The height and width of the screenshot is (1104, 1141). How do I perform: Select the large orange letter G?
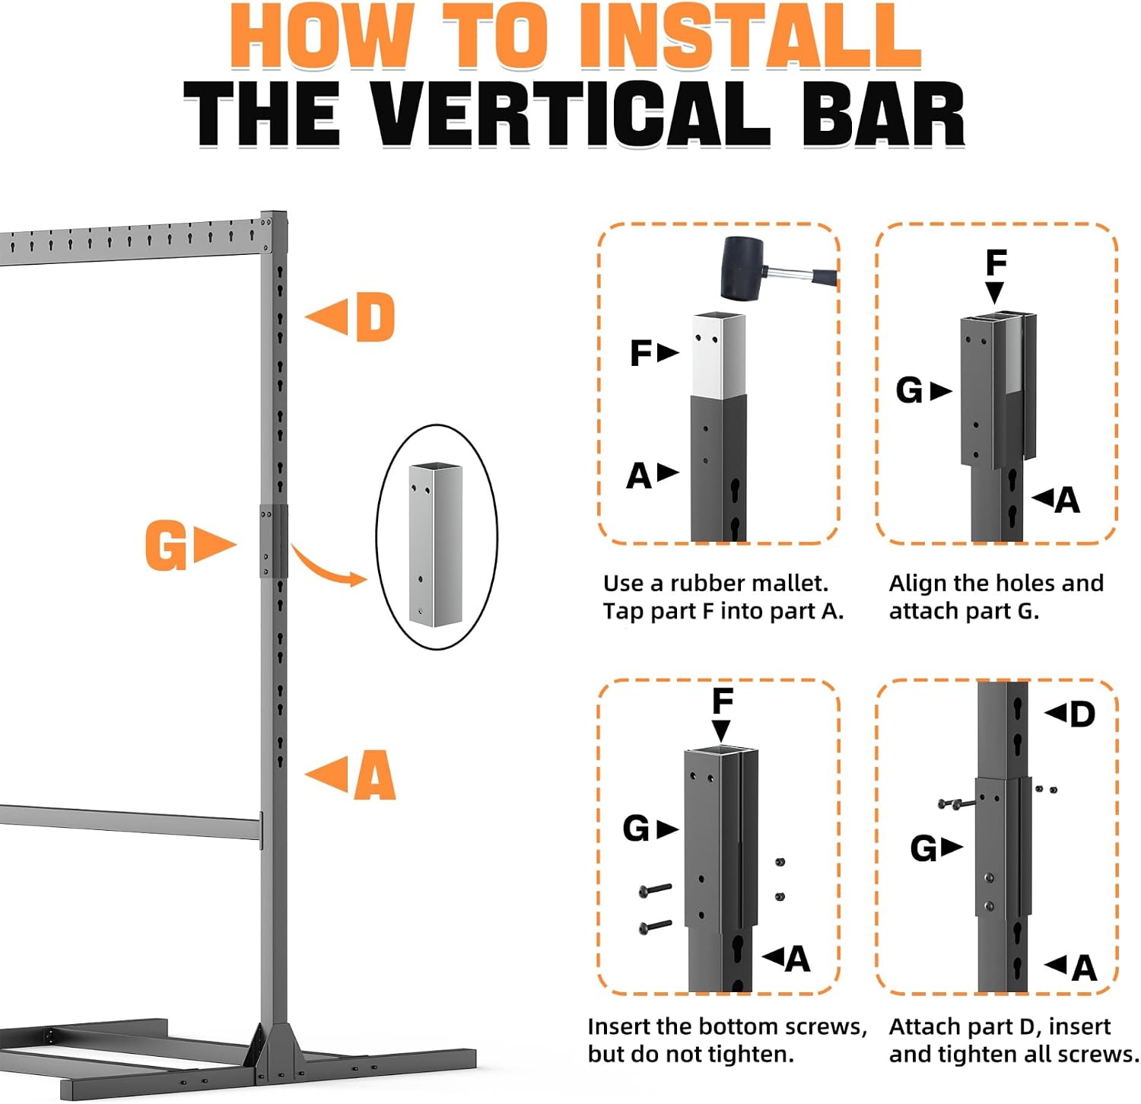[x=166, y=545]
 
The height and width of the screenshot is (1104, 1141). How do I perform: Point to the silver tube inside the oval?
[x=435, y=545]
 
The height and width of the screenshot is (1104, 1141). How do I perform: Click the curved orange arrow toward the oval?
[x=329, y=567]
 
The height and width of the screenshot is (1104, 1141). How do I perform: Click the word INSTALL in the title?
[x=750, y=37]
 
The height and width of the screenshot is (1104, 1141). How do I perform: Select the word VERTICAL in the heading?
[x=574, y=113]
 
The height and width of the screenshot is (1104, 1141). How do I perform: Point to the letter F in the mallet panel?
[x=640, y=353]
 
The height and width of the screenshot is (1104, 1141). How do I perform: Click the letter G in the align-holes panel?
[x=909, y=390]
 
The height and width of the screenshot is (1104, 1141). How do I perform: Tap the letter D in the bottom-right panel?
[x=1082, y=714]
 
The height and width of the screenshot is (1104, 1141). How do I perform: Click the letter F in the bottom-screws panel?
[x=722, y=701]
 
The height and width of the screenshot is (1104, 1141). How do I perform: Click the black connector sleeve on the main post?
[x=274, y=540]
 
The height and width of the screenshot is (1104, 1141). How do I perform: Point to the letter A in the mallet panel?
[x=639, y=476]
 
